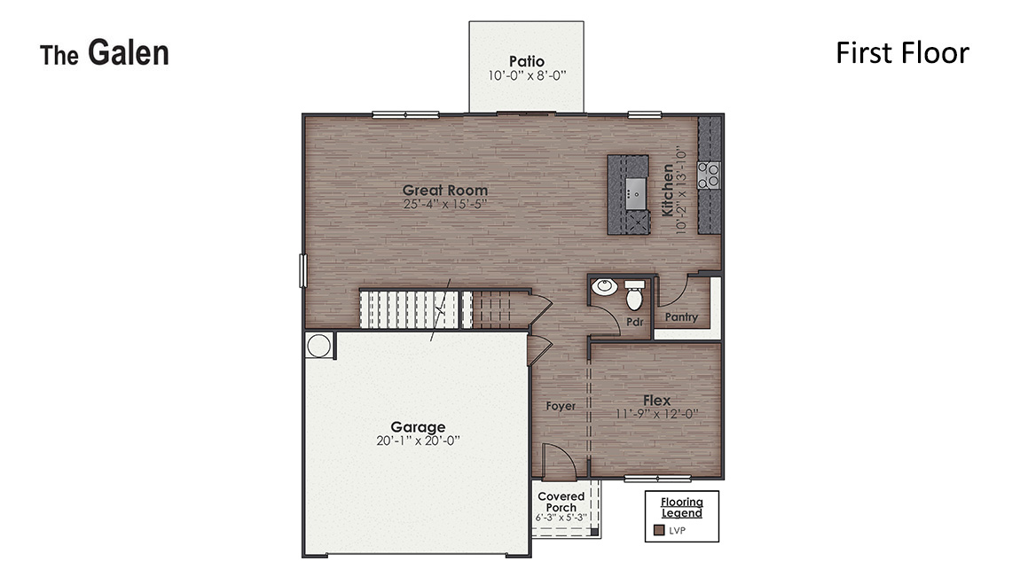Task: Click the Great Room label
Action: pos(444,190)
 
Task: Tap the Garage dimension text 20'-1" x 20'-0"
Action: pos(418,441)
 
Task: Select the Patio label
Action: pos(526,61)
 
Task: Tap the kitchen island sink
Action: pos(635,190)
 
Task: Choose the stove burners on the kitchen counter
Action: pos(709,175)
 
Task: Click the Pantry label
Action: pos(681,317)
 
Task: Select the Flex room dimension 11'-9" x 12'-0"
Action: pos(657,414)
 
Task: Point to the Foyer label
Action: pos(561,406)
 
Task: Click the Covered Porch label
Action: pos(561,502)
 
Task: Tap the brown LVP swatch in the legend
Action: pos(659,530)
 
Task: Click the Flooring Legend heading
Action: pos(681,507)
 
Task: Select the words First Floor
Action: pos(902,53)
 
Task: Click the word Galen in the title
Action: pos(128,54)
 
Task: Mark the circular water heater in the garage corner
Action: pos(319,345)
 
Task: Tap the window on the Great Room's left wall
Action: pos(302,269)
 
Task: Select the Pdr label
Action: pos(634,322)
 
